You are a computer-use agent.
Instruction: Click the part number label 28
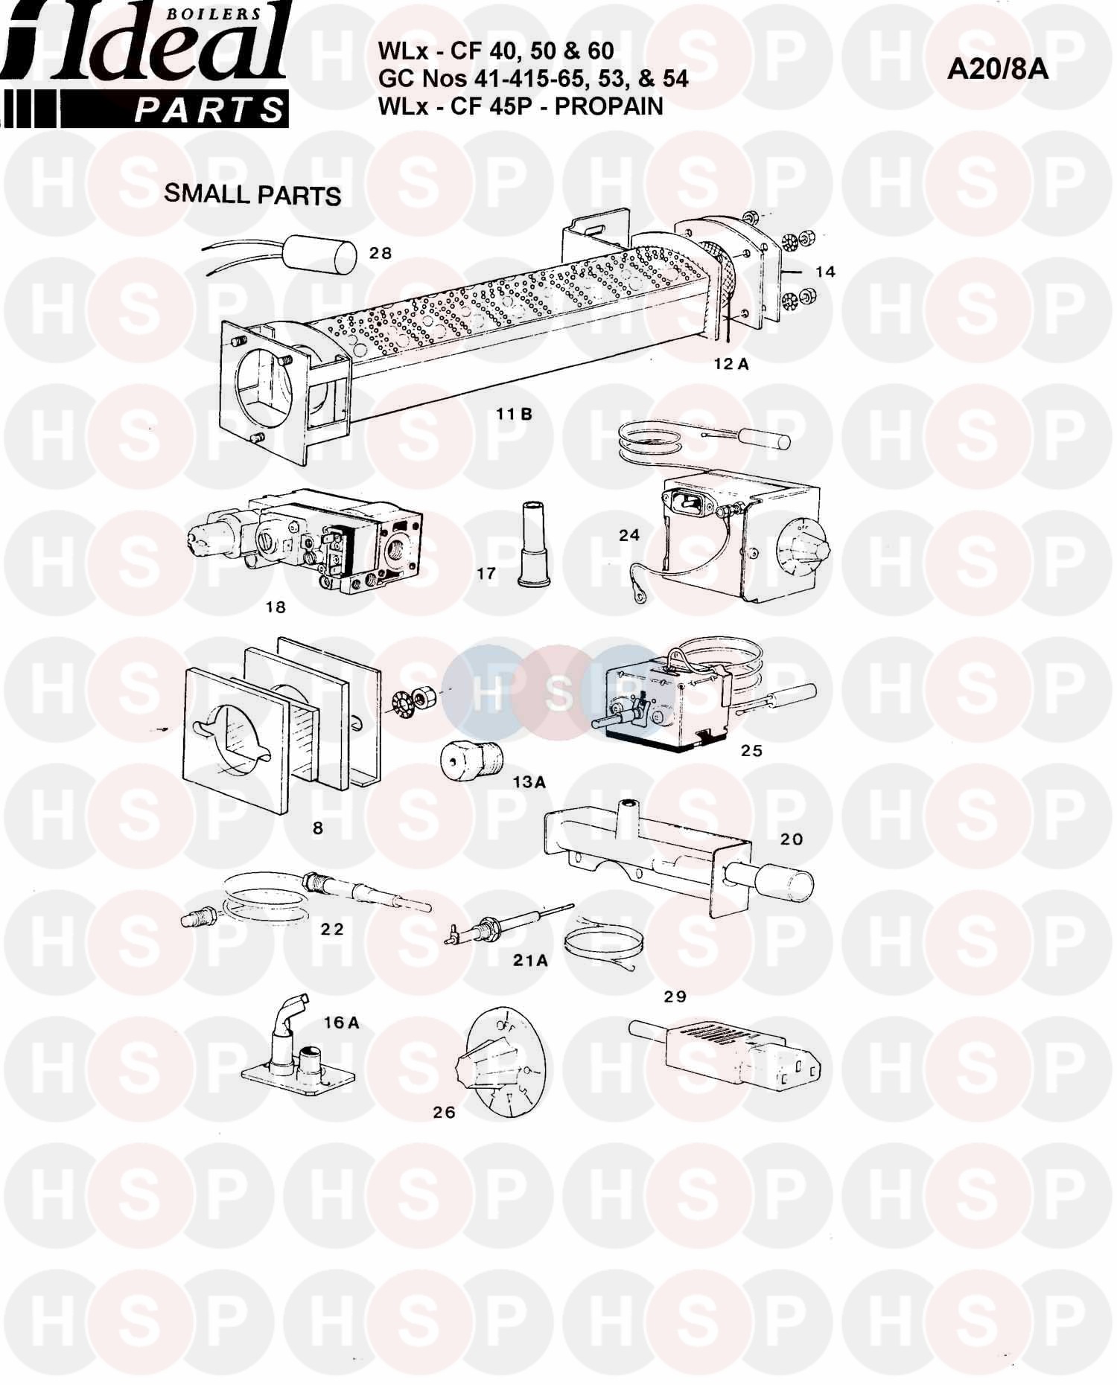tap(381, 253)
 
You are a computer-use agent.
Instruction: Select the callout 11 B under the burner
tap(515, 415)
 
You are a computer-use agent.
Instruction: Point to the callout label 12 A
tap(730, 364)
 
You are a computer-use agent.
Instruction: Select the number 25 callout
tap(751, 750)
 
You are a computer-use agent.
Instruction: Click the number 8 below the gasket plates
tap(318, 828)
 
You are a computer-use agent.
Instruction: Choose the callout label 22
tap(332, 930)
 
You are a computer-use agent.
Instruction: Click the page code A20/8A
tap(998, 69)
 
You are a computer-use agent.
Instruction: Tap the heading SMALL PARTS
tap(252, 194)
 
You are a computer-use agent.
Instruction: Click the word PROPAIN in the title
tap(609, 106)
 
